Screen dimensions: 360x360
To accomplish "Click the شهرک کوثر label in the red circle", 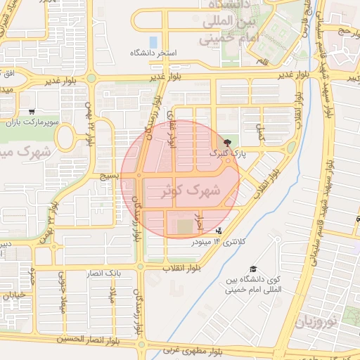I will [x=191, y=190].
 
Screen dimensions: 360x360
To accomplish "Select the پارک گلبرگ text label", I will [x=225, y=153].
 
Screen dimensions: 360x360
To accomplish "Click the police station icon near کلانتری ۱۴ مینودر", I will [x=219, y=230].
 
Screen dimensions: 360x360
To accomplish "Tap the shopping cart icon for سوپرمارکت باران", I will [x=32, y=111].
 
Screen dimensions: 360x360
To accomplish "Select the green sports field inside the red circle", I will [x=184, y=227].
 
